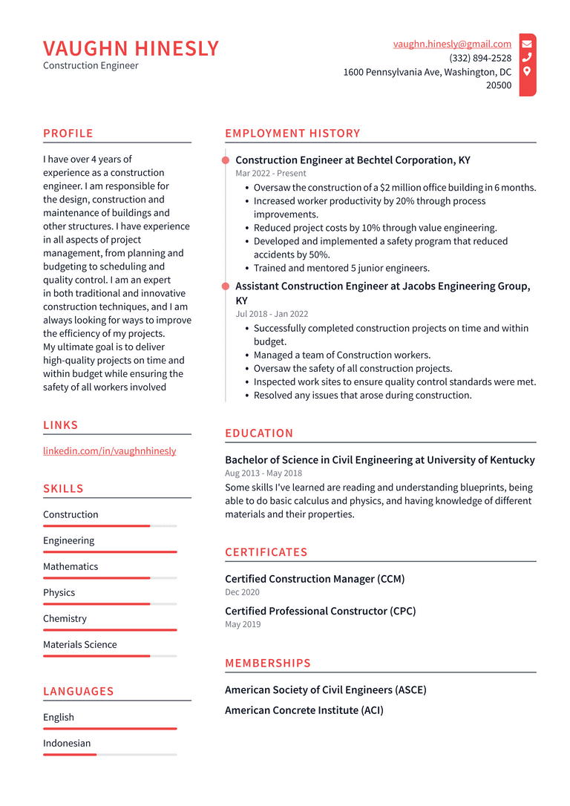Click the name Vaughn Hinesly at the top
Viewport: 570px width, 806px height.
pyautogui.click(x=131, y=48)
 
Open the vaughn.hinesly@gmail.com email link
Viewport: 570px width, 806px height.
pyautogui.click(x=452, y=45)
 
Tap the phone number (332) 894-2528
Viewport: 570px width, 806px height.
pyautogui.click(x=480, y=58)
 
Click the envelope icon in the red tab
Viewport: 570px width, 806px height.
pyautogui.click(x=527, y=44)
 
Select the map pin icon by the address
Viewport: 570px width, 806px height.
pyautogui.click(x=527, y=71)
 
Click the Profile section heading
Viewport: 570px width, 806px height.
pyautogui.click(x=68, y=134)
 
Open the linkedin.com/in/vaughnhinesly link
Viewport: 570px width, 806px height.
pyautogui.click(x=109, y=450)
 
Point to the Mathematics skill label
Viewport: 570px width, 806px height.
pyautogui.click(x=71, y=566)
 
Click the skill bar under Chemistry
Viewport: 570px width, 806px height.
pyautogui.click(x=110, y=630)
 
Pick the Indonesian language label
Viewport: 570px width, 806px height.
pyautogui.click(x=67, y=743)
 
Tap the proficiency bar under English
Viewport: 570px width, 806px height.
pyautogui.click(x=110, y=729)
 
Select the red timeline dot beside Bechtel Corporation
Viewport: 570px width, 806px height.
pyautogui.click(x=226, y=160)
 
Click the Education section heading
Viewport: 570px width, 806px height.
pyautogui.click(x=259, y=433)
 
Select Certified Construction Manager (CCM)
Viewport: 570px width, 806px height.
pyautogui.click(x=315, y=579)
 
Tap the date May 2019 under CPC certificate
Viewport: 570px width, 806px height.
pyautogui.click(x=243, y=624)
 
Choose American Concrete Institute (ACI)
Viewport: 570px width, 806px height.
pyautogui.click(x=304, y=710)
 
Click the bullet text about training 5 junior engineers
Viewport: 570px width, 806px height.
pyautogui.click(x=341, y=268)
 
